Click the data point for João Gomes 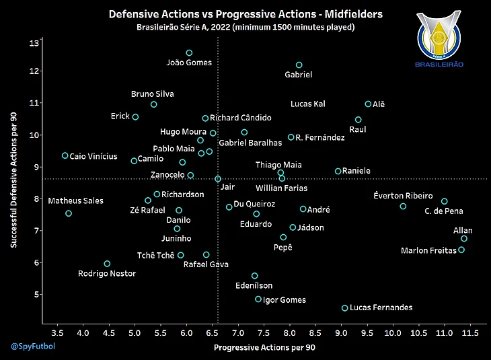189,52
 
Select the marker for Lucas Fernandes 345,308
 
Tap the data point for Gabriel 299,65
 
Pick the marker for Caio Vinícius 65,155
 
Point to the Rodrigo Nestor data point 107,264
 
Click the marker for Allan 464,239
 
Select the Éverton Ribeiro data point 403,207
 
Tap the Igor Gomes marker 258,299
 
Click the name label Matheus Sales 76,201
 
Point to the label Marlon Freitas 428,251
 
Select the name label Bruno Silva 152,94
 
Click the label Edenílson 254,285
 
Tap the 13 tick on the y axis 34,43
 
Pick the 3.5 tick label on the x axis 57,333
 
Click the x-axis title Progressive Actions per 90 264,348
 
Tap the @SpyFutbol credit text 32,347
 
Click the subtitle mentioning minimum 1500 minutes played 245,27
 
